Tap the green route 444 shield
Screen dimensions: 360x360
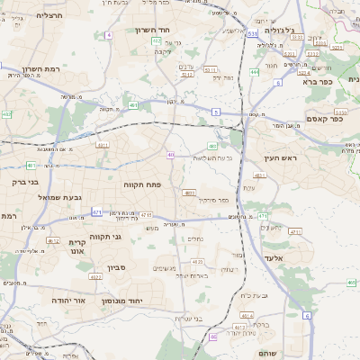pyautogui.click(x=255, y=71)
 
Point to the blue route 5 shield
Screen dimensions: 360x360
pyautogui.click(x=216, y=111)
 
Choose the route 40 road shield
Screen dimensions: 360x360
pyautogui.click(x=170, y=155)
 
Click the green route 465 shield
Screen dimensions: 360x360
pyautogui.click(x=351, y=283)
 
